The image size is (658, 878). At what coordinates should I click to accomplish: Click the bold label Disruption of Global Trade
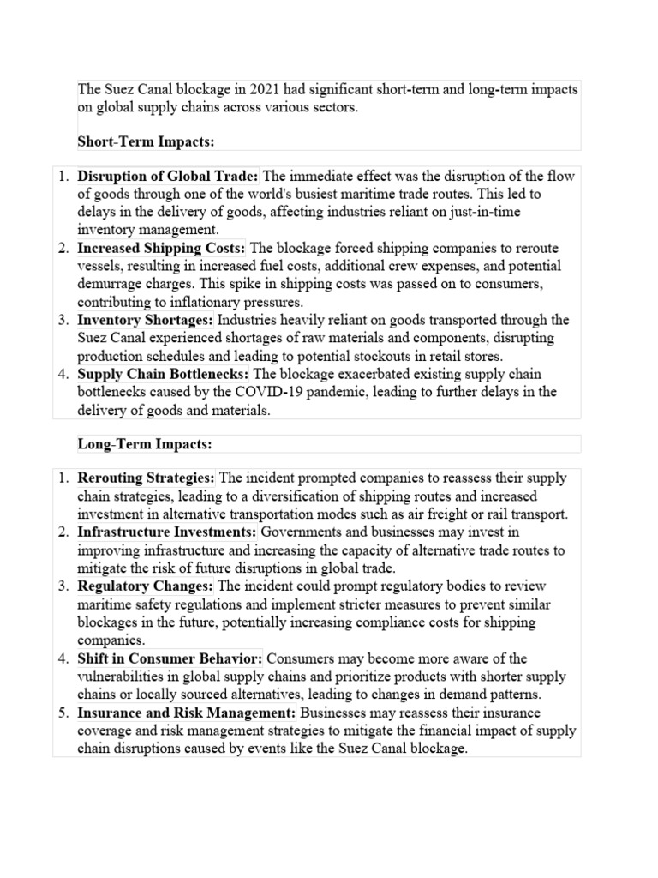[x=168, y=176]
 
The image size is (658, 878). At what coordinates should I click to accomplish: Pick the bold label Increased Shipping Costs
[x=161, y=248]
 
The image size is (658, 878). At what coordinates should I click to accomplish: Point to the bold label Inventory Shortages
[x=145, y=320]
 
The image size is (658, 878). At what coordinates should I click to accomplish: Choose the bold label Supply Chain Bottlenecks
[x=163, y=374]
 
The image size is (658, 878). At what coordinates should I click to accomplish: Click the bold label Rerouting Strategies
[x=147, y=477]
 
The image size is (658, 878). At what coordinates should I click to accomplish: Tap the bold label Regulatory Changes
[x=145, y=586]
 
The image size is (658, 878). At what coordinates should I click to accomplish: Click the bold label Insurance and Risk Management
[x=187, y=713]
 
